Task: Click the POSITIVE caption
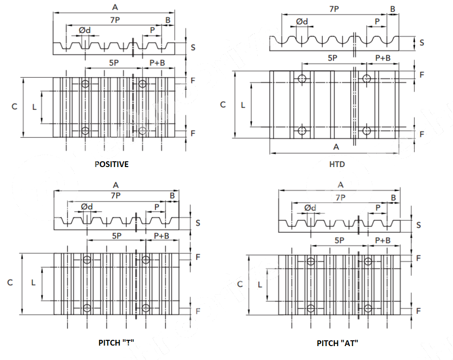coord(111,164)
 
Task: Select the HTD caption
coord(337,164)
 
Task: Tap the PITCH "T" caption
coord(116,343)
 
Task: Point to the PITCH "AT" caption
coord(337,343)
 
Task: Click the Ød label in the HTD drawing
coord(302,22)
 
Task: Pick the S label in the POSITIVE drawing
coord(193,47)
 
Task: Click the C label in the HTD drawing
coord(223,104)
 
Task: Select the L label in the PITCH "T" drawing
coord(34,283)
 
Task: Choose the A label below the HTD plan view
coord(336,146)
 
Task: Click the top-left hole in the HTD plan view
coord(302,78)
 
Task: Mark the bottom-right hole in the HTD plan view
coord(367,131)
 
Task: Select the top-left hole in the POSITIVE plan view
coord(85,84)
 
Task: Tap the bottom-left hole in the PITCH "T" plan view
coord(87,308)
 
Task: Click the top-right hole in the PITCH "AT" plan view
coord(368,262)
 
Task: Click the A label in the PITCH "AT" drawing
coord(341,185)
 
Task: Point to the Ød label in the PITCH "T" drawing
coord(87,206)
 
